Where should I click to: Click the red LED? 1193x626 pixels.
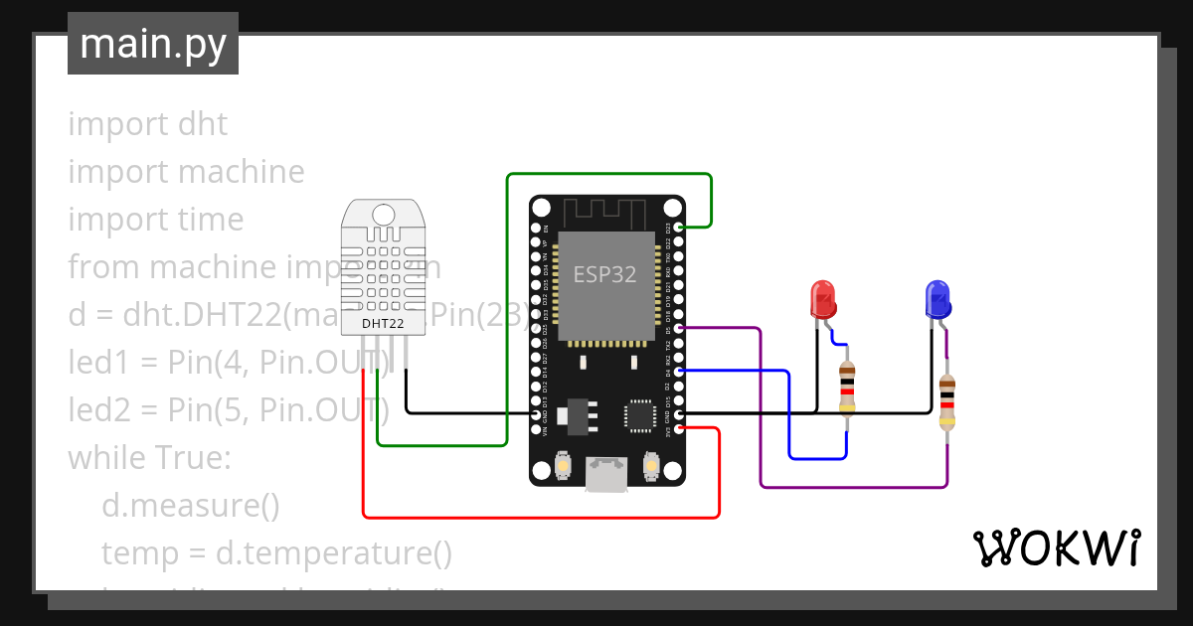pos(822,299)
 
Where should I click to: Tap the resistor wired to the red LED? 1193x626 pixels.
pos(847,389)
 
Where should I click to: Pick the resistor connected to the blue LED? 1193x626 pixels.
pos(946,402)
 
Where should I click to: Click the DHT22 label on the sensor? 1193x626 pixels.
pos(383,323)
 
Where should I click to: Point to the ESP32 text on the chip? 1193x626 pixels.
pos(604,275)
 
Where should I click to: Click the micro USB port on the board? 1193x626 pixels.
pos(605,474)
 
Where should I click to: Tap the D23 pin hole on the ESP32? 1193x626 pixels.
pos(679,228)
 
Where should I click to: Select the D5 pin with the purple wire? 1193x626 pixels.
pos(679,328)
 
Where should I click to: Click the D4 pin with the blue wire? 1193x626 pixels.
pos(679,371)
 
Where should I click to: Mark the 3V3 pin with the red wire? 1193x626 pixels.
pos(679,428)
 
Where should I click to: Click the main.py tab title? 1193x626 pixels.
pos(153,44)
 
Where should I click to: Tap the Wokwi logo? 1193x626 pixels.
pos(1056,548)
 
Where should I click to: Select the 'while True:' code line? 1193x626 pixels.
pos(149,458)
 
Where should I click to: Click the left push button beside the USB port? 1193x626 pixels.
pos(563,466)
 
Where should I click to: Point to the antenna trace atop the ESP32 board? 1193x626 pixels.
pos(605,212)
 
